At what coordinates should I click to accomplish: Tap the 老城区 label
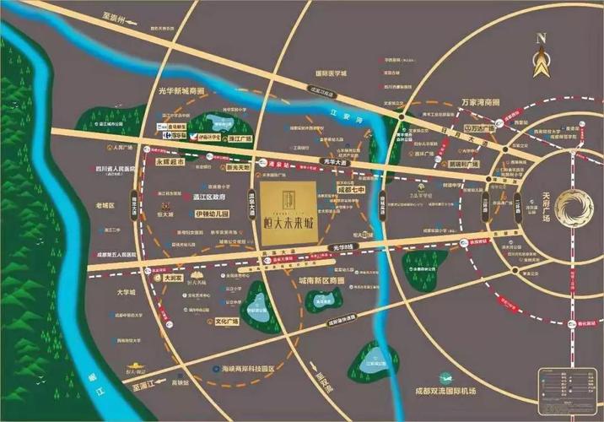click(x=105, y=205)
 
